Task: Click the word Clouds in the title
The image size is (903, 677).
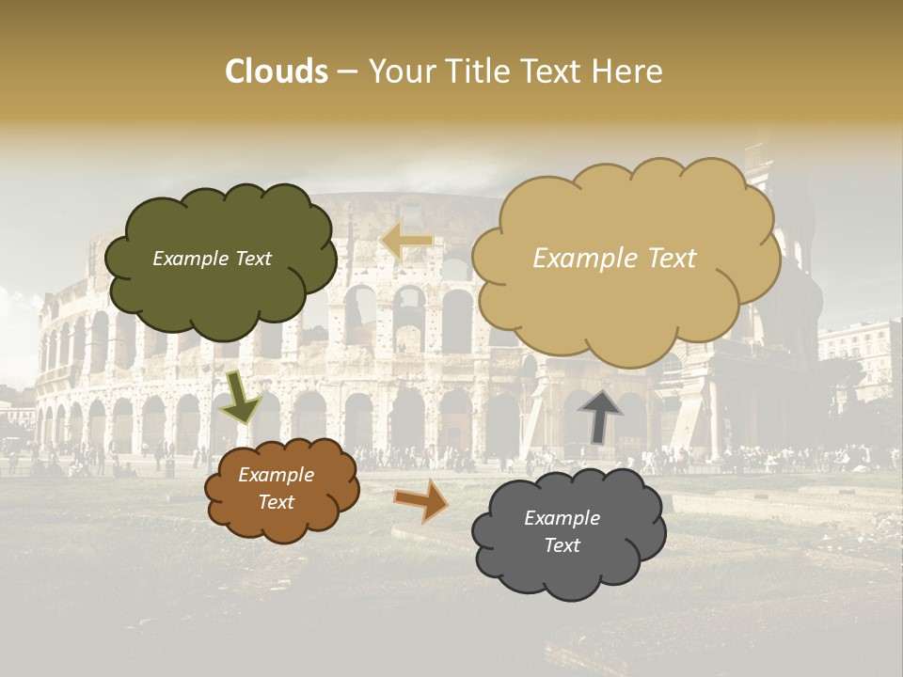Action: pos(276,71)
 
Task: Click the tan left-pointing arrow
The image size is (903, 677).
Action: pos(406,242)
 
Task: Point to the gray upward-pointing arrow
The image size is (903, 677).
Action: pos(600,415)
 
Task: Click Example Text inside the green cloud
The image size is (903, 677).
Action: pos(212,259)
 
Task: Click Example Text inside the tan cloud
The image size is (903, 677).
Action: pos(614,259)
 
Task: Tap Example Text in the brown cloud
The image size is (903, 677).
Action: pos(276,489)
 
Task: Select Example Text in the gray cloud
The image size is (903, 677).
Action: pos(562,531)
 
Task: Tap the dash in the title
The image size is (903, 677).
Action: pos(346,72)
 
